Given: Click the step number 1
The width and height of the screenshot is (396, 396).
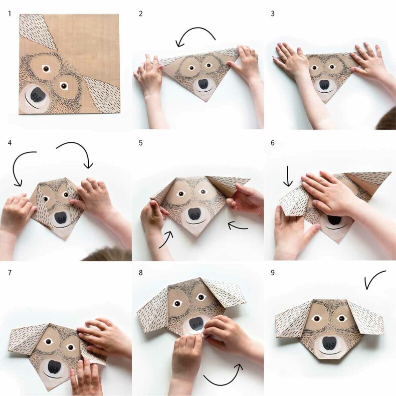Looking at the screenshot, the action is [10, 14].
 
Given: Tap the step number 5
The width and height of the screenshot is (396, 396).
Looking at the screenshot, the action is [141, 143].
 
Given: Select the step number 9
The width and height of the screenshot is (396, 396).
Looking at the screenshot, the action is [273, 273].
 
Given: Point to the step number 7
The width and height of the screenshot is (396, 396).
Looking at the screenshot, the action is [10, 273].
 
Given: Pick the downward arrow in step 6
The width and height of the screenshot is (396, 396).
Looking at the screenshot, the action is [288, 176].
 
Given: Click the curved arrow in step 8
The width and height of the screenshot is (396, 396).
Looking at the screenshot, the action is [222, 384].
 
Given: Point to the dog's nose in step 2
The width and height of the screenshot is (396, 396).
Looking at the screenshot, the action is [204, 84].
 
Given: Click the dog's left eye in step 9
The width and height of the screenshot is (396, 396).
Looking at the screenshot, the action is [317, 319].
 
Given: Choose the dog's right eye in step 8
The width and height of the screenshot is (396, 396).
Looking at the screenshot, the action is [201, 297].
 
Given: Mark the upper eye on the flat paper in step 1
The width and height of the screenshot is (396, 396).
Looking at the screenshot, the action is [46, 69].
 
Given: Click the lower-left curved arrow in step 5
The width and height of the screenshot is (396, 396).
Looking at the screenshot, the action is [167, 240].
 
